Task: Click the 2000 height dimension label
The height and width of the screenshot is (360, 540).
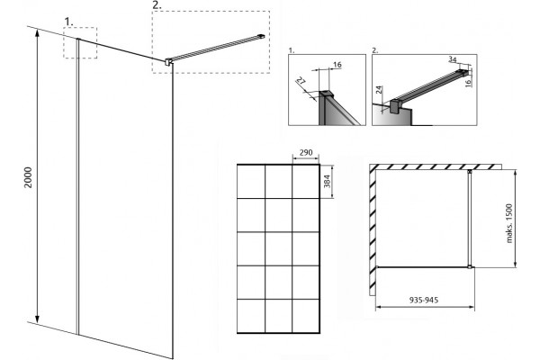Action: tap(28, 177)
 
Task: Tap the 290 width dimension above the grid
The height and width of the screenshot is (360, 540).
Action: tap(305, 153)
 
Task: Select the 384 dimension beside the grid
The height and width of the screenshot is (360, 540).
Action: tap(327, 181)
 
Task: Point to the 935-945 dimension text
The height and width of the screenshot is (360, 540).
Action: tap(424, 300)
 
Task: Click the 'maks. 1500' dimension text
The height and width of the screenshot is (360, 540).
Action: tap(509, 223)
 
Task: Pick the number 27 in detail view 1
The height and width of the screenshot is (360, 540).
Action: tap(301, 82)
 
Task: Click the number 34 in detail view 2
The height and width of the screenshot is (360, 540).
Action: tap(453, 59)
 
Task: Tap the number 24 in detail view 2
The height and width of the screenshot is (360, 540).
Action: tap(379, 90)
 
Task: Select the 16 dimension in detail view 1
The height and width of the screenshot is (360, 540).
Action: tap(337, 65)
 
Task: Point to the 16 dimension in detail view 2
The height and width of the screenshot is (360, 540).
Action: tap(468, 83)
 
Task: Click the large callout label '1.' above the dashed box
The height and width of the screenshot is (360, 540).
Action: tap(69, 22)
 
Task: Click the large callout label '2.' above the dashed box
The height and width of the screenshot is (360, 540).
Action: tap(157, 5)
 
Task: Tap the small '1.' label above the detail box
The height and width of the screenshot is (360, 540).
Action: tap(292, 50)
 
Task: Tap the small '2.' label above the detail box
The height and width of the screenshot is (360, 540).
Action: tap(375, 50)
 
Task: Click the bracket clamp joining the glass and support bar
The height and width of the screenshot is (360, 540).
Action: tap(168, 62)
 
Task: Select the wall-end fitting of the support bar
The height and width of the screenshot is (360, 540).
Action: tap(262, 35)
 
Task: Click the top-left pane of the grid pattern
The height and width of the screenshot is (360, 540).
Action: tap(251, 182)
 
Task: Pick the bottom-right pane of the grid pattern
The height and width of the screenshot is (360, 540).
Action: tap(305, 316)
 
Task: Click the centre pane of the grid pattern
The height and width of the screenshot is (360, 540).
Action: tap(278, 248)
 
